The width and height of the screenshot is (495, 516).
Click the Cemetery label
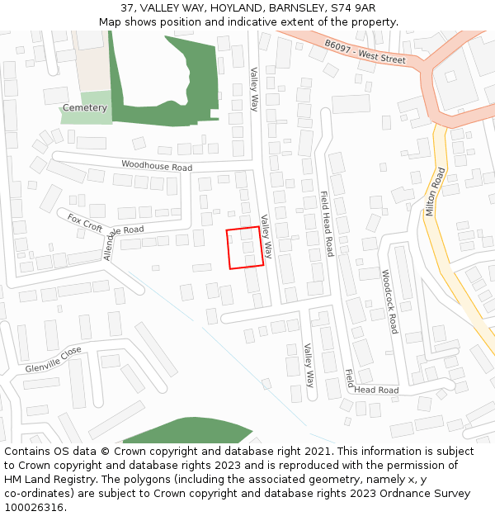tap(84, 108)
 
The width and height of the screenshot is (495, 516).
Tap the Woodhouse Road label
tap(157, 166)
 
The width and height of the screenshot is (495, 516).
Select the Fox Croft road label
tap(85, 222)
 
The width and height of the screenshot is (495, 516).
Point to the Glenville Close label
tap(54, 360)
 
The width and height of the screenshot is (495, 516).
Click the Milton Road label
tap(436, 192)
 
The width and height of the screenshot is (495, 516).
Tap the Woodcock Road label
tap(389, 301)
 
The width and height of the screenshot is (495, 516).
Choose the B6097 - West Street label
tap(365, 52)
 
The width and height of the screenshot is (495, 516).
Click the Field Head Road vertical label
tap(327, 223)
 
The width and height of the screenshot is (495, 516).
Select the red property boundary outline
tap(245, 248)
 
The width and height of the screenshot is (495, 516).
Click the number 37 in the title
tap(127, 8)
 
